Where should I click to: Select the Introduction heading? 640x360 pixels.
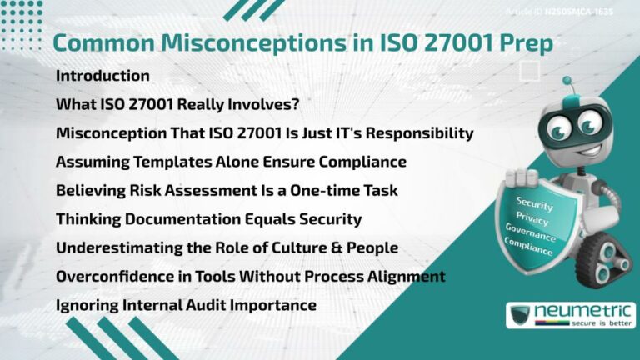(102, 76)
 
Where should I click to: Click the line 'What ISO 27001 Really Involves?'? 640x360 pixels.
(177, 105)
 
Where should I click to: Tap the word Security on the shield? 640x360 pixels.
(535, 202)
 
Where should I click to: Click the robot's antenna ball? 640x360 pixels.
(567, 82)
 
